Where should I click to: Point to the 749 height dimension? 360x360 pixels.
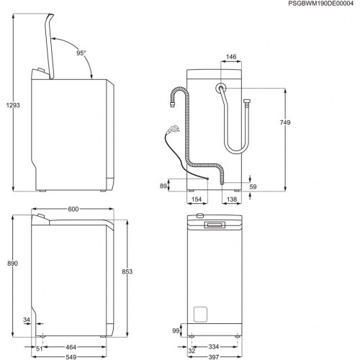click(284, 124)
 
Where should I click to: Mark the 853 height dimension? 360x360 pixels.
click(127, 271)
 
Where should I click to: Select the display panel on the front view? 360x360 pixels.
click(215, 225)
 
